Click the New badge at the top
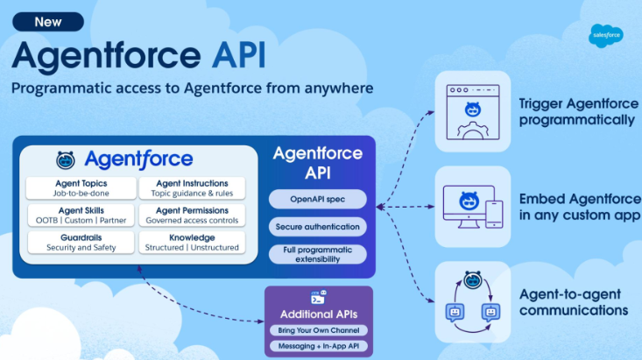(48, 22)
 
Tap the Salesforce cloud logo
(606, 34)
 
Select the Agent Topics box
(80, 187)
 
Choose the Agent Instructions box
(193, 187)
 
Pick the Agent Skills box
(80, 215)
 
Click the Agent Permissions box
(193, 215)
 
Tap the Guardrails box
(80, 242)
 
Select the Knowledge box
(193, 242)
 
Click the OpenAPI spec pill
(317, 200)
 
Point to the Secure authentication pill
(317, 227)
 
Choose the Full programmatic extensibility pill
(317, 254)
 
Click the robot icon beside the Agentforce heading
(66, 159)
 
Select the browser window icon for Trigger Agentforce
(472, 111)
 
